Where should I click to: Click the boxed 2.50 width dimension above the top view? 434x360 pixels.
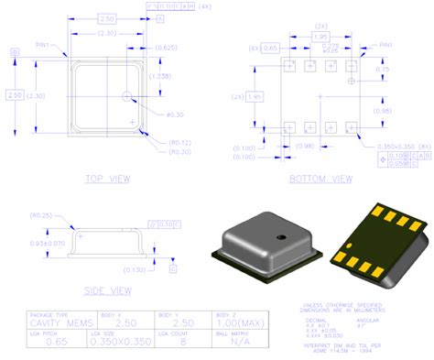point(106,18)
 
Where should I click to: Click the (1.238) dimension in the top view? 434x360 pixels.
point(161,76)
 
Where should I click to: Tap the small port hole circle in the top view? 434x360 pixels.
point(127,94)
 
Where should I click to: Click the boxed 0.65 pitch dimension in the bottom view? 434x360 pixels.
point(270,46)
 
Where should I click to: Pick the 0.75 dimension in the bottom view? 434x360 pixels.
point(384,70)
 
